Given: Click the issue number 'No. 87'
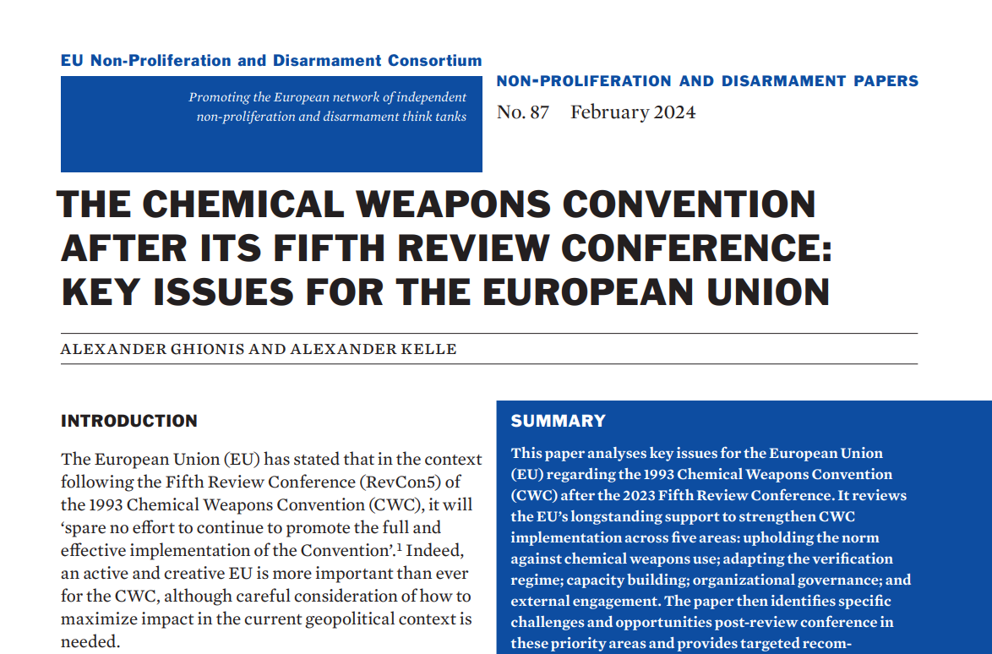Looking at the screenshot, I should (522, 112).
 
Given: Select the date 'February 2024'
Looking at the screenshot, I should (633, 112).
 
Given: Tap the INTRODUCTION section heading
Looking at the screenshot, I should (129, 421).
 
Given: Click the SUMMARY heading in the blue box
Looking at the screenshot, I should (559, 421).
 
